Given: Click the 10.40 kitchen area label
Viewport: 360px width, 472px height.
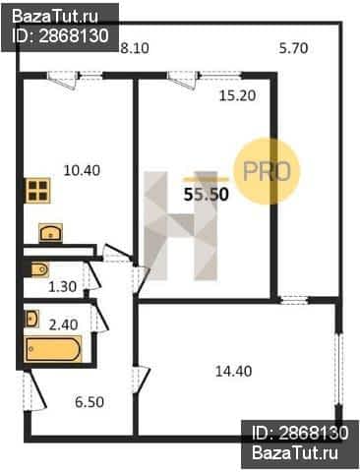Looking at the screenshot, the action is (82, 170).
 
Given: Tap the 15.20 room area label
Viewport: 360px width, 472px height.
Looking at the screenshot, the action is (237, 95).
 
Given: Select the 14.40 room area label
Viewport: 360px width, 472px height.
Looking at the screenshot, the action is (233, 371).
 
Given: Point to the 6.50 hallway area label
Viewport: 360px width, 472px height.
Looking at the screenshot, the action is (90, 402).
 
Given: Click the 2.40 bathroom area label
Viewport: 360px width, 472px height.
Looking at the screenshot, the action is (63, 324).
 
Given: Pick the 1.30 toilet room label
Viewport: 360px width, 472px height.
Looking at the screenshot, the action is (62, 286).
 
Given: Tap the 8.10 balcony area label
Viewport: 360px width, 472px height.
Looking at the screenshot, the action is (135, 48).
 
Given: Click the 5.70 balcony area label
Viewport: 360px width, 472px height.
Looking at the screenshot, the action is (293, 48).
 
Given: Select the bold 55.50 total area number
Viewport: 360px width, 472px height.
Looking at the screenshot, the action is (206, 195).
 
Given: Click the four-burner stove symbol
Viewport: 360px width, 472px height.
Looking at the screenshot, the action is (38, 191).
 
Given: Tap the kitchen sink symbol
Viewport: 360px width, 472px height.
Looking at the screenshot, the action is (50, 233).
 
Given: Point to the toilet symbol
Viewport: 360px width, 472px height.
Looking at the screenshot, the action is (40, 270).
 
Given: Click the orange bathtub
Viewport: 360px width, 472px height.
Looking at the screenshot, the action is (53, 349).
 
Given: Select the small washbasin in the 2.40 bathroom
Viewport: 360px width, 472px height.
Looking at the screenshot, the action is (31, 319).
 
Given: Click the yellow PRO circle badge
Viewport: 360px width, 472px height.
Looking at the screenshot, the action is (267, 171).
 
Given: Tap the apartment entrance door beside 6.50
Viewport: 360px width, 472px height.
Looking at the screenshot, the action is (33, 390).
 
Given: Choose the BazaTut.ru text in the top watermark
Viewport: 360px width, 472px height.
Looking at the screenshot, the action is (55, 17).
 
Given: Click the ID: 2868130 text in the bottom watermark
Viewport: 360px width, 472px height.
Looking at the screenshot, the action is (300, 433).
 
